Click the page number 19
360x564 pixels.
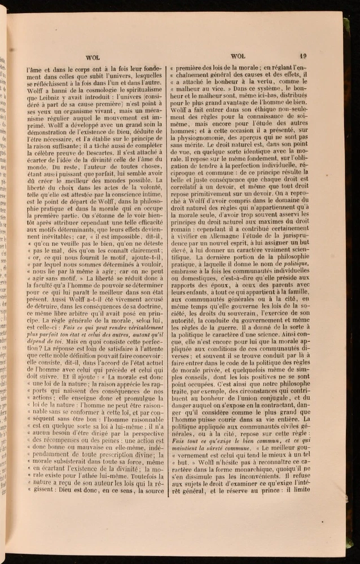303,56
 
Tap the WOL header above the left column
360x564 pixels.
93,56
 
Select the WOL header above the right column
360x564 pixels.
236,56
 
